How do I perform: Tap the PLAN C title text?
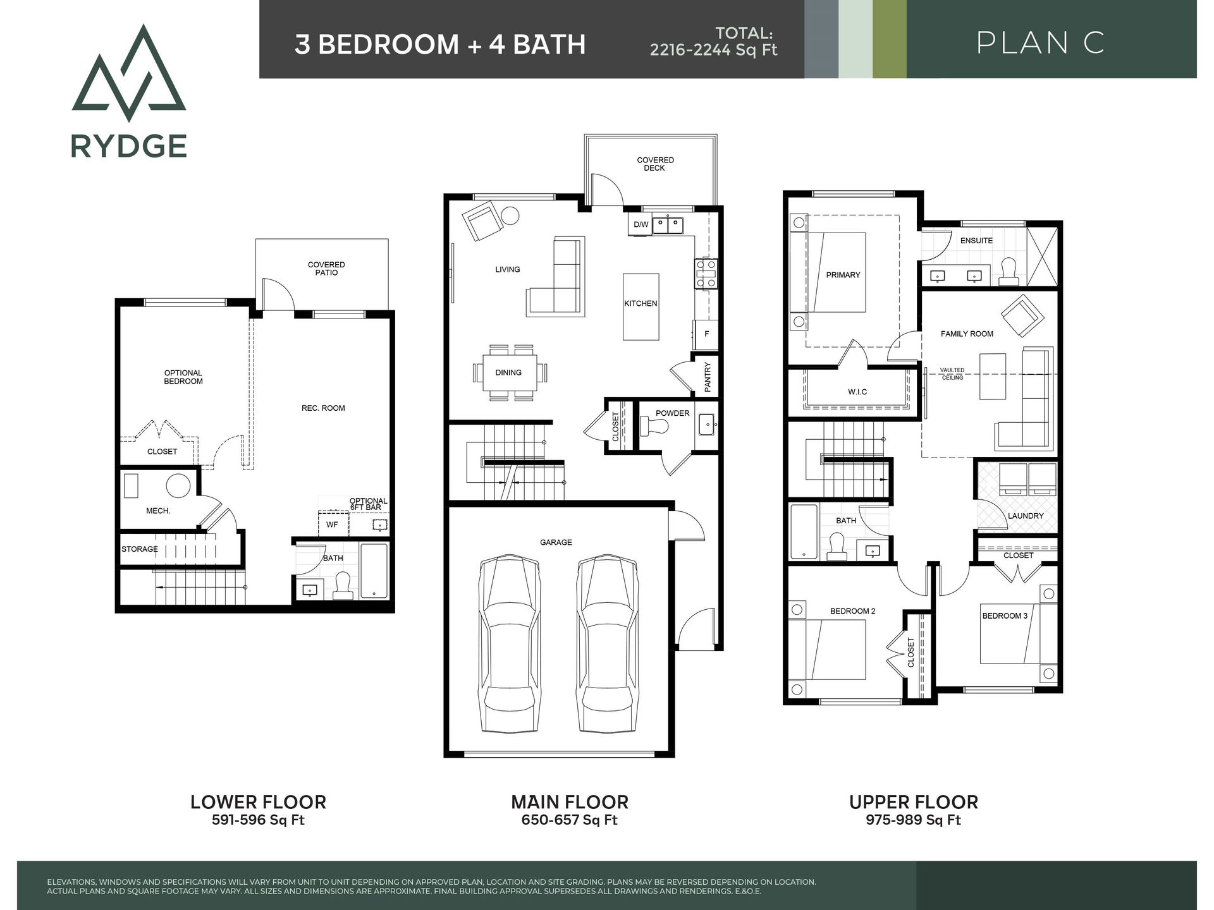tap(1040, 43)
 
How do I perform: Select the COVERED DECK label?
tap(655, 164)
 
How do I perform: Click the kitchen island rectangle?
tap(641, 307)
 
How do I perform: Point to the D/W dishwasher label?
tap(641, 224)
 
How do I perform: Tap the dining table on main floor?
tap(508, 373)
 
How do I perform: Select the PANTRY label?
tap(708, 377)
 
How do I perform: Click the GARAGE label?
tap(556, 542)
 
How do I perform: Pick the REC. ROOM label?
tap(323, 408)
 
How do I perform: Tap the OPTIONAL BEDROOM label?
tap(183, 377)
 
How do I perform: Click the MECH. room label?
tap(158, 511)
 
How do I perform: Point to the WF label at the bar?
tap(332, 525)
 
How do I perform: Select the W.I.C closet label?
tap(857, 392)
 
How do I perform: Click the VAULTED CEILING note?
tap(952, 374)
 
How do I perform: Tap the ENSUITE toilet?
tap(1009, 270)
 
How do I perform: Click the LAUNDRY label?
tap(1026, 516)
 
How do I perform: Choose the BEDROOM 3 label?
tap(1005, 616)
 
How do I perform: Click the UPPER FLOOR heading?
tap(913, 802)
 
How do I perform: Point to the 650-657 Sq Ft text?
tap(569, 820)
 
